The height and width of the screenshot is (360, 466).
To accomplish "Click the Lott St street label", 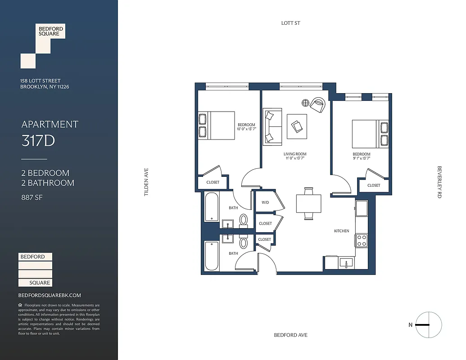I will click(x=290, y=23).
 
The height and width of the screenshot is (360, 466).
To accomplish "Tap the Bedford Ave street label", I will click(x=290, y=335).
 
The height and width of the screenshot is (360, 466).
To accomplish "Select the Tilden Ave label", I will click(x=146, y=182).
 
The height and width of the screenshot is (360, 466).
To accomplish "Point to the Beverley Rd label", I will click(x=439, y=182).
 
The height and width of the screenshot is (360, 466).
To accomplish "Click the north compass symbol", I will click(x=429, y=325).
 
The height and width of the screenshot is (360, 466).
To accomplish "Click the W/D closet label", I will click(x=265, y=202).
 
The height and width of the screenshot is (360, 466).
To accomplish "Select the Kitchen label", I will click(x=341, y=231).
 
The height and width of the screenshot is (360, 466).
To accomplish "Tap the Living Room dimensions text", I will click(x=295, y=158).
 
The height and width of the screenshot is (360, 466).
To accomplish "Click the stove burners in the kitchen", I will click(x=361, y=240).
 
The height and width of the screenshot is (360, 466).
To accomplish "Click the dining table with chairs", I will click(x=309, y=203).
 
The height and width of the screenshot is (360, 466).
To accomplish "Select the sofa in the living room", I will click(x=272, y=126).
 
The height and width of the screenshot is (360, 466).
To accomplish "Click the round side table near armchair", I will click(x=306, y=103).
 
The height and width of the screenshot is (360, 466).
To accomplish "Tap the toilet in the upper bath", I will click(x=244, y=220).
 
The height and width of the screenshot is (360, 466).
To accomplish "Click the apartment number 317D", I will click(x=38, y=141).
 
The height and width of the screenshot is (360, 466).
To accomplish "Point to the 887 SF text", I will click(x=32, y=197).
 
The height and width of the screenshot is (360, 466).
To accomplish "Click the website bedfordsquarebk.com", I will click(x=50, y=295).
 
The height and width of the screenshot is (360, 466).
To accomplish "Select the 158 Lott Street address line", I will click(x=40, y=81).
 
